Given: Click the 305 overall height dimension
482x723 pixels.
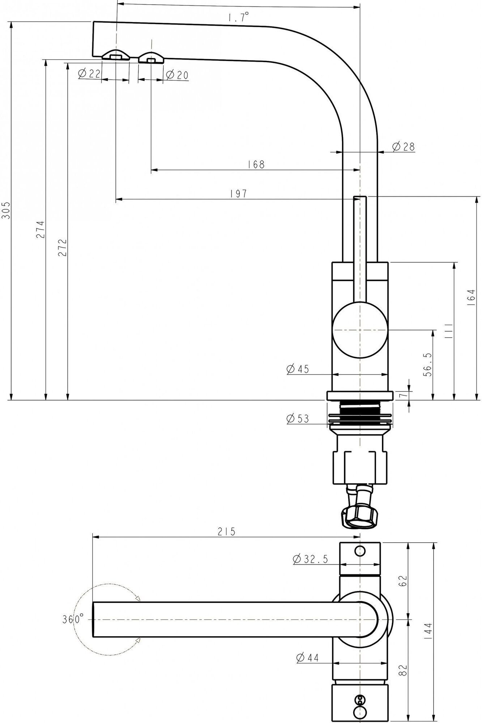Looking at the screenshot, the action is (x=6, y=211).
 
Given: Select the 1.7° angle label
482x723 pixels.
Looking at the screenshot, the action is (x=239, y=17).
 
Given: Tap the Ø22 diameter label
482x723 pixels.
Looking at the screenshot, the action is (x=89, y=74).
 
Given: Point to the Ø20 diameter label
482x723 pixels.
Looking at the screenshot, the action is (x=177, y=75).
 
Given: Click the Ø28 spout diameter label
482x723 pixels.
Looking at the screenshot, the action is (x=403, y=147).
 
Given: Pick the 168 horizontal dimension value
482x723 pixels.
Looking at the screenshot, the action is (x=256, y=164).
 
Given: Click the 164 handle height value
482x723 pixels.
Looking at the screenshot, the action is (x=471, y=298).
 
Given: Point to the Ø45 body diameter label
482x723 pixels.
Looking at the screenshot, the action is (x=298, y=369).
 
